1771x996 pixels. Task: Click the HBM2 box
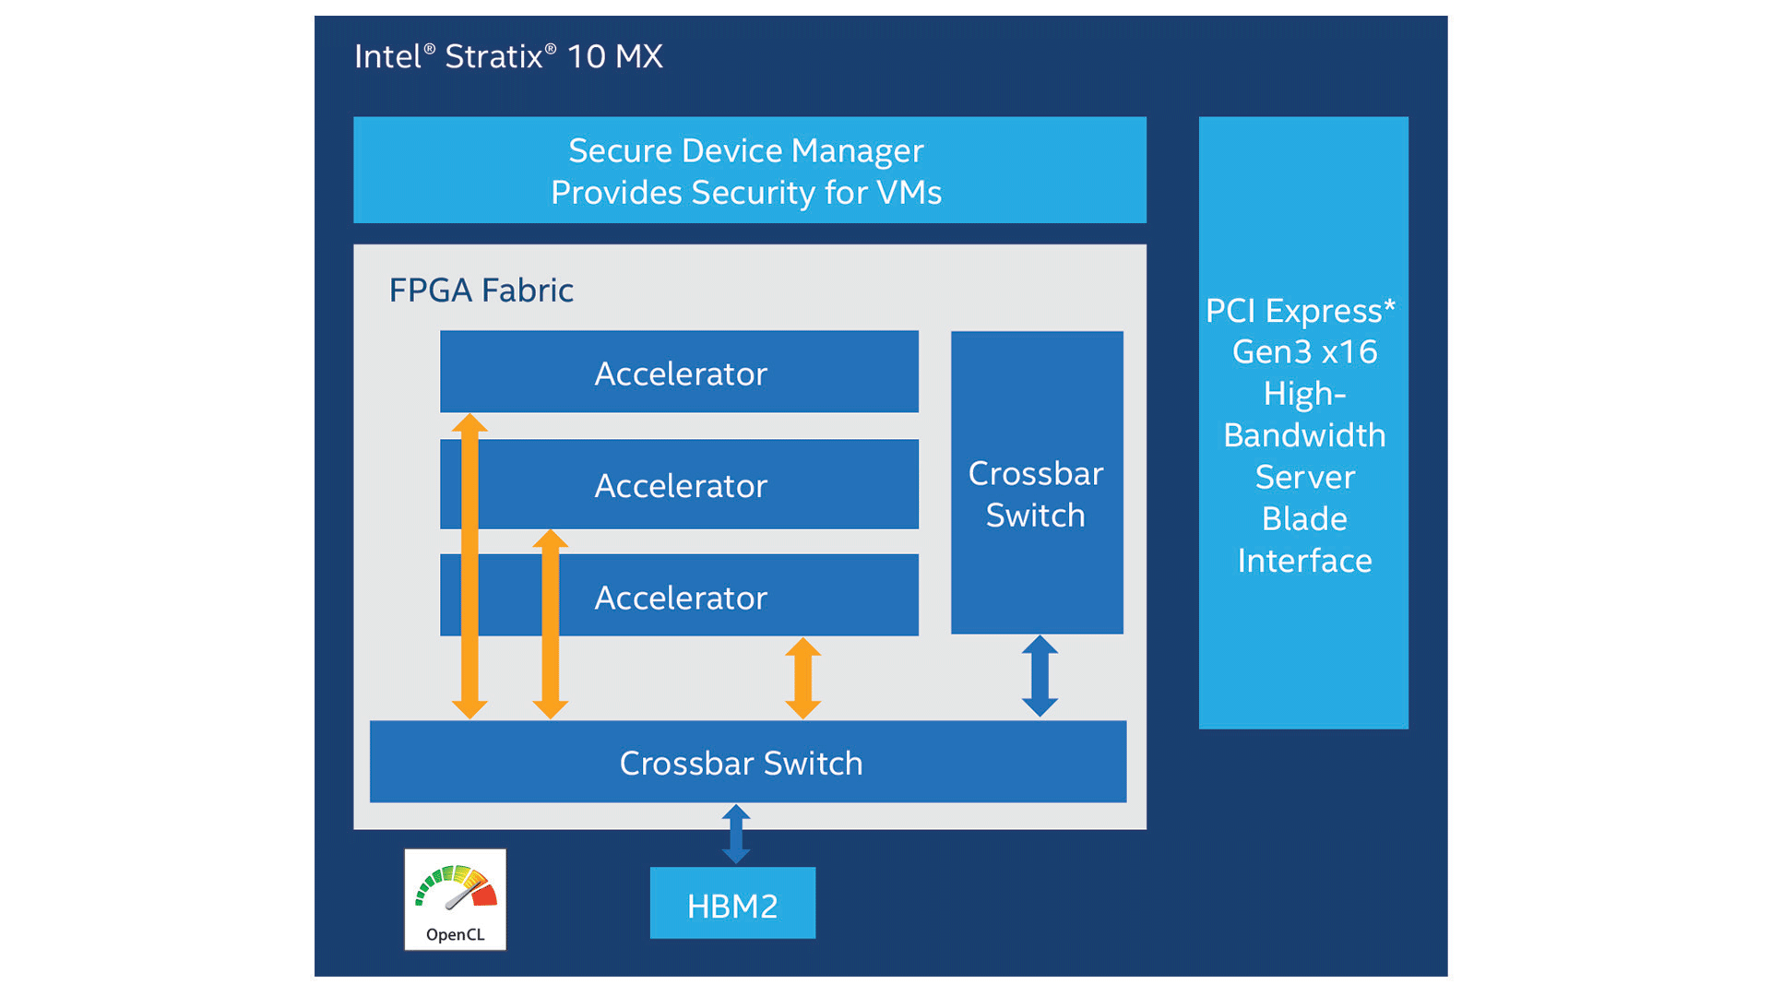click(x=732, y=904)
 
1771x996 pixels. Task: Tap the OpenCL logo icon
click(x=455, y=899)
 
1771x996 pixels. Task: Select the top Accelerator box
click(x=679, y=372)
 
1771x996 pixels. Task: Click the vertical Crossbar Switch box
click(x=1037, y=482)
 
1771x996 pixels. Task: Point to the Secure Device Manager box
click(x=749, y=170)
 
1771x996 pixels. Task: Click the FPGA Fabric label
click(x=481, y=290)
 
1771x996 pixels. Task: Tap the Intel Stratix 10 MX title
click(x=508, y=56)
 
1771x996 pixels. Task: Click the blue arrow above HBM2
click(x=736, y=834)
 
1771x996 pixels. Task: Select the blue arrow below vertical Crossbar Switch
click(x=1040, y=676)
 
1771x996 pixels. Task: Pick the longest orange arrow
click(x=469, y=566)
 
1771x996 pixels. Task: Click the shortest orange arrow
click(x=802, y=678)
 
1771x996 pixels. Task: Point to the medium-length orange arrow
click(x=550, y=623)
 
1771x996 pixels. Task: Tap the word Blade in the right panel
click(x=1304, y=519)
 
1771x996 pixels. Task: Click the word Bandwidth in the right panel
click(x=1304, y=435)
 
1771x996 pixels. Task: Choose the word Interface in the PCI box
click(x=1304, y=561)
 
